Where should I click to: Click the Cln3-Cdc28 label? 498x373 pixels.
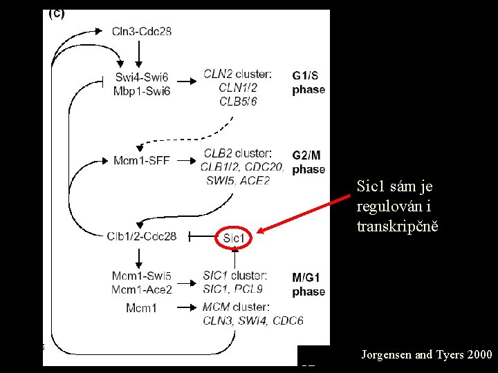(x=141, y=31)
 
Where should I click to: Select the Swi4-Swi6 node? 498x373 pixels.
(x=141, y=77)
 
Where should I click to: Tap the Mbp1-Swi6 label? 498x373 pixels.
(x=141, y=90)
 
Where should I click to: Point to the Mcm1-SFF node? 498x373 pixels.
(x=142, y=161)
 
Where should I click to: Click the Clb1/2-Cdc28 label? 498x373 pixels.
(x=142, y=236)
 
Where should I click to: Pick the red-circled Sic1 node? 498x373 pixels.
(x=234, y=238)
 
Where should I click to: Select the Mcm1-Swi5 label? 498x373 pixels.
(x=142, y=276)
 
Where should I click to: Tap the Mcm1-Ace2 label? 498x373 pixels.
(x=142, y=289)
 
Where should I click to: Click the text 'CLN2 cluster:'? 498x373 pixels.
(x=237, y=74)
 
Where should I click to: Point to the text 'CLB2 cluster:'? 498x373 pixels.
(x=237, y=153)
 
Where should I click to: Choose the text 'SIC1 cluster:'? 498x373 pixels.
(x=236, y=276)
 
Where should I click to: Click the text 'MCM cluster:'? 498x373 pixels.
(x=236, y=307)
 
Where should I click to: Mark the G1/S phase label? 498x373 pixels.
(x=308, y=82)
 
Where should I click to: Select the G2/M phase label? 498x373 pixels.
(x=308, y=162)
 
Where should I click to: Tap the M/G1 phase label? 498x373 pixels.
(x=308, y=284)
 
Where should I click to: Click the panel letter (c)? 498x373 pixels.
(x=56, y=14)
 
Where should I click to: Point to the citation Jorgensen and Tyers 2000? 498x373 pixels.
(x=427, y=355)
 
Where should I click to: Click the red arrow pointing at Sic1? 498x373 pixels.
(x=304, y=214)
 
